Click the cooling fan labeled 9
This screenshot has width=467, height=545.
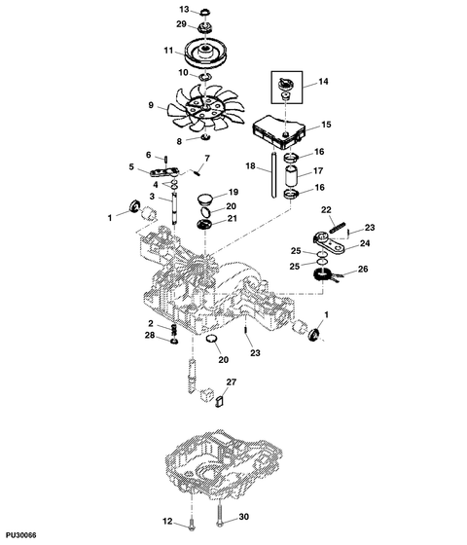205,109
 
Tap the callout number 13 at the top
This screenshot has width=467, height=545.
184,9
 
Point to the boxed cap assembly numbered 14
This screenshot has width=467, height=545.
287,88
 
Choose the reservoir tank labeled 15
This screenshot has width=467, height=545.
278,131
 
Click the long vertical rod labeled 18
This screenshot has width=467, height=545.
273,174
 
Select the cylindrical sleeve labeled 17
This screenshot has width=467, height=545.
291,176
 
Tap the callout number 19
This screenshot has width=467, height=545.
233,192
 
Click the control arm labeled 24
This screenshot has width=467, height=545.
329,243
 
